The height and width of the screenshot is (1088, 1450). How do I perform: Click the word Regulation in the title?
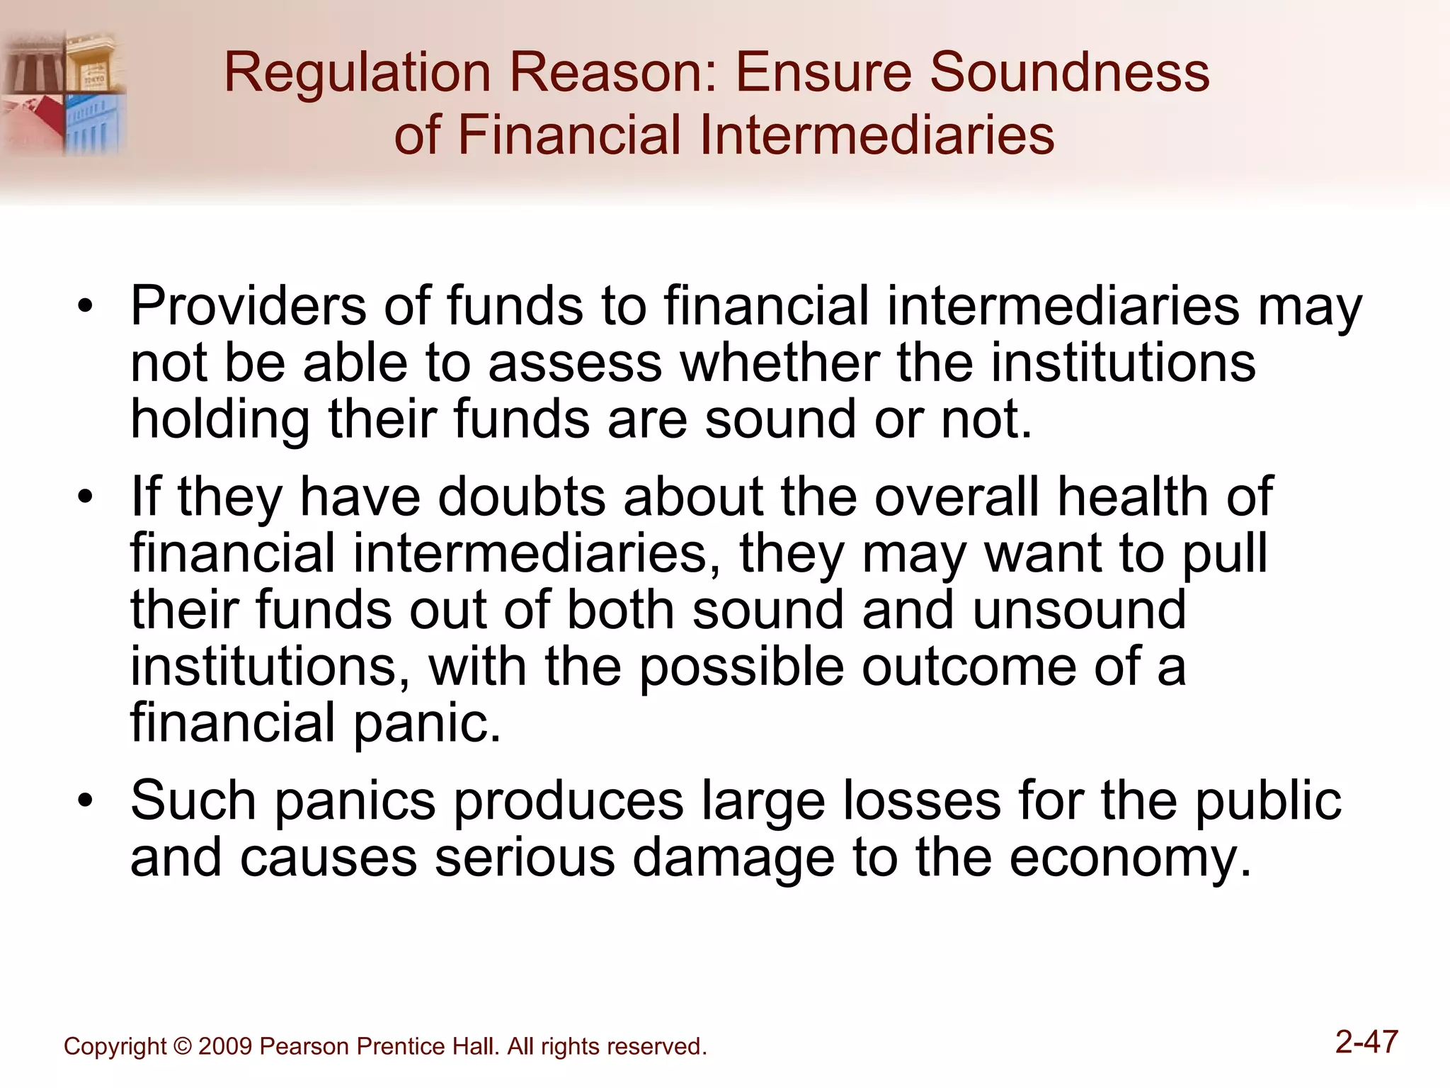pos(357,73)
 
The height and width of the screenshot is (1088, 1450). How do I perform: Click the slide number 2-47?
pos(1366,1042)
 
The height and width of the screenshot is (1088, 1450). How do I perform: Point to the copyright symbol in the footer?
pos(182,1047)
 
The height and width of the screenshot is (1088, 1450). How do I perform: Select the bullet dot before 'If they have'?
pos(86,498)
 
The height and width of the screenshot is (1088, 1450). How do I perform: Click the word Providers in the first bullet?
pos(249,306)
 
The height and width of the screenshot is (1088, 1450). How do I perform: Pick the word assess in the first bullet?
pos(575,363)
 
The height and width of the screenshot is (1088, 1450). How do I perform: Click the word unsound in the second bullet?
pos(1079,610)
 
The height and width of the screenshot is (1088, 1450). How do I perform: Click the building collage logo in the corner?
pos(64,92)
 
